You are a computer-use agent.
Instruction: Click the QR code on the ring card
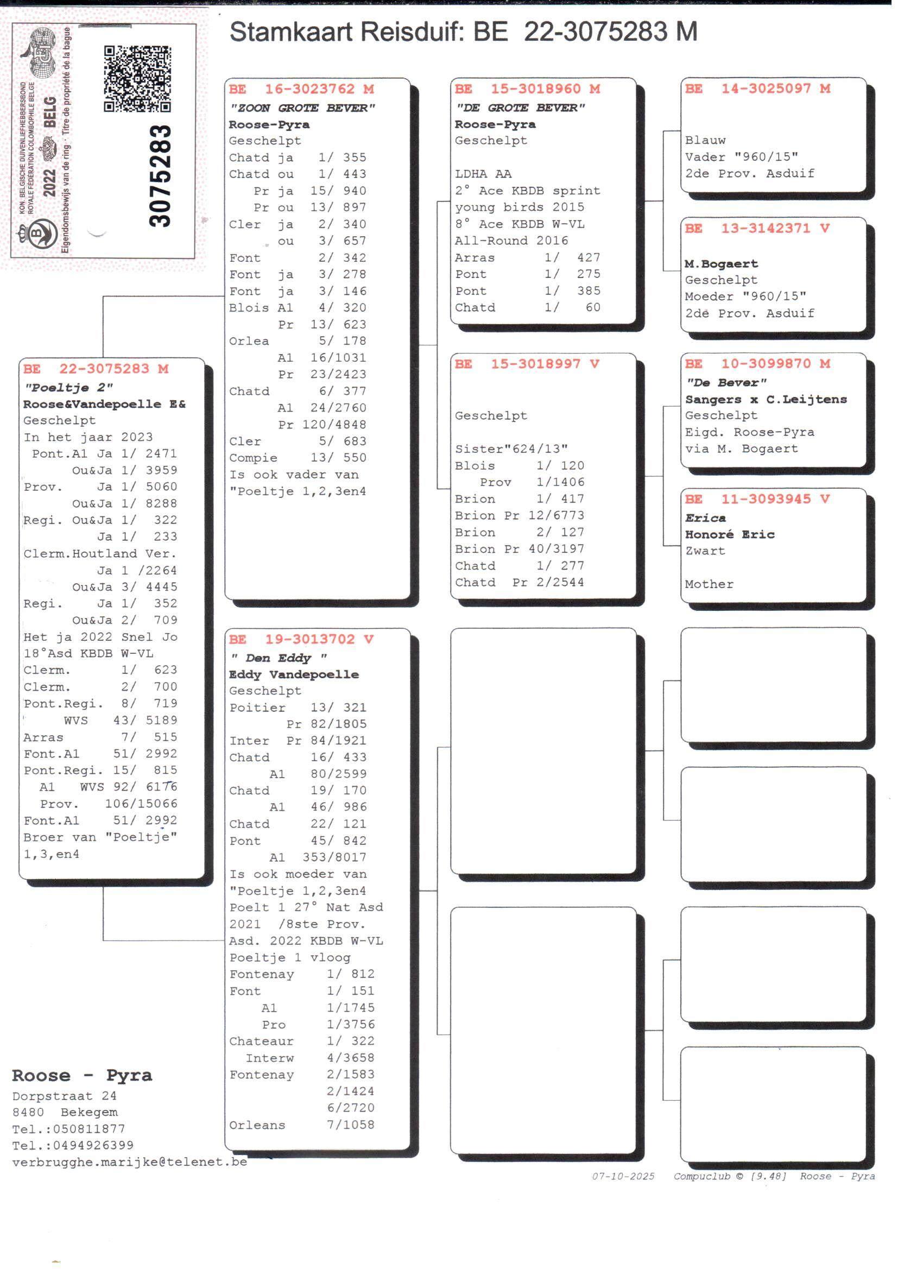click(137, 79)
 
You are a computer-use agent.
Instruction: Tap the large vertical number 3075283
click(160, 176)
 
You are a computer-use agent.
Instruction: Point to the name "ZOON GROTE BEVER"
click(302, 108)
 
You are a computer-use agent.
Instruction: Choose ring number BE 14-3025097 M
click(757, 89)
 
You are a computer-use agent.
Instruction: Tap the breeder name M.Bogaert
click(721, 264)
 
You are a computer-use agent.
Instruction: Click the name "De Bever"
click(725, 383)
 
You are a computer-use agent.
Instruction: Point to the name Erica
click(705, 518)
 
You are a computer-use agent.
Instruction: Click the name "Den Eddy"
click(279, 658)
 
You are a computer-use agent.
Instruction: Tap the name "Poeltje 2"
click(68, 387)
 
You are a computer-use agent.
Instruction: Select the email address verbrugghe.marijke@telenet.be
click(129, 1161)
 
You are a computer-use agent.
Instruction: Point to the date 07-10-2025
click(623, 1176)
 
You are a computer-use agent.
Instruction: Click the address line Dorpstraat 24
click(64, 1095)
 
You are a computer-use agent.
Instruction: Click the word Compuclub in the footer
click(701, 1176)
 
